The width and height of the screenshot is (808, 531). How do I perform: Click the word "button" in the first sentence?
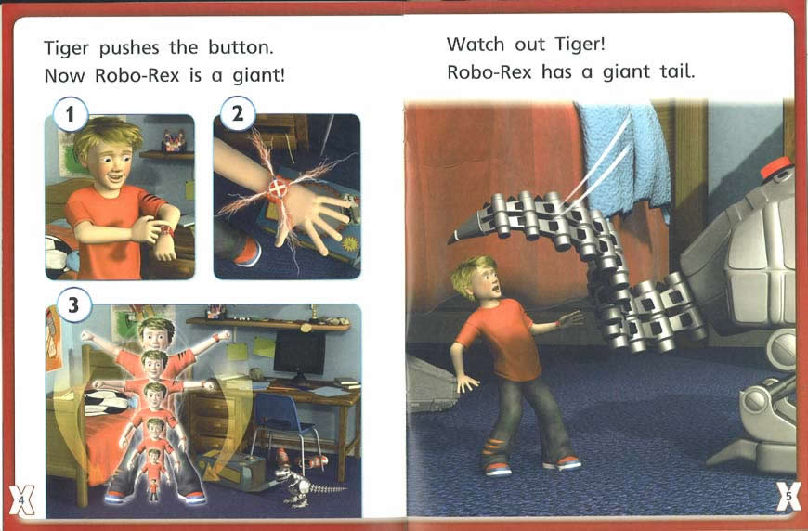[241, 47]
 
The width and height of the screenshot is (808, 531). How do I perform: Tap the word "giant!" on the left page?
[259, 76]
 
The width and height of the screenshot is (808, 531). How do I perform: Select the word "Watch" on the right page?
[476, 45]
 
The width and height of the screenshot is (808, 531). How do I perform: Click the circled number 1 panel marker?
[71, 114]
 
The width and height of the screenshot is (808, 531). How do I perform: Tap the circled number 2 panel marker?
[238, 113]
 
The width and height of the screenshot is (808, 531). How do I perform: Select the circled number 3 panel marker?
[73, 304]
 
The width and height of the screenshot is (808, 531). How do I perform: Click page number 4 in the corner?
[21, 499]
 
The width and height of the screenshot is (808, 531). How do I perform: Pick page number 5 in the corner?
[788, 497]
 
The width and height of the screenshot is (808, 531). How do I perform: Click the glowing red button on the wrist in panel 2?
[278, 188]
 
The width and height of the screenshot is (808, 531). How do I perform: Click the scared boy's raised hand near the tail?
[569, 320]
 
